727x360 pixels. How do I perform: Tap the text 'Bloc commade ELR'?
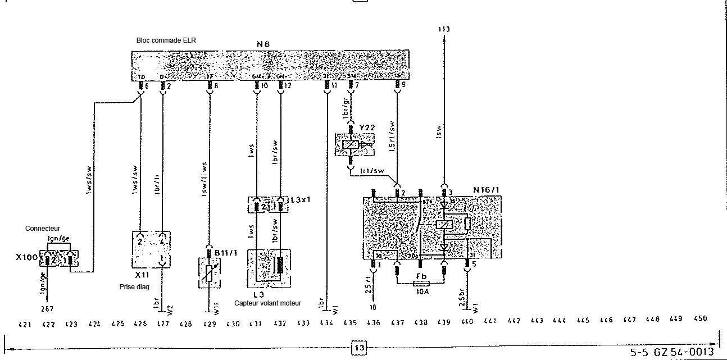click(166, 40)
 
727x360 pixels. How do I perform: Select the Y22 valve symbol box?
click(351, 145)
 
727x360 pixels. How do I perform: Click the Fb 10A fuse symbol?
click(421, 285)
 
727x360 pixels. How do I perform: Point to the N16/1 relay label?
click(487, 190)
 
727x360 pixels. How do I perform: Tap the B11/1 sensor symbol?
click(210, 273)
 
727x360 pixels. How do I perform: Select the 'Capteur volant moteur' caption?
click(267, 303)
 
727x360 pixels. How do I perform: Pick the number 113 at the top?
click(444, 29)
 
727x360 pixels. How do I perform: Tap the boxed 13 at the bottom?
click(359, 348)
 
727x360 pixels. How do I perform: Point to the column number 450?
click(699, 319)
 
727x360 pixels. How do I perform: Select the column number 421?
click(25, 323)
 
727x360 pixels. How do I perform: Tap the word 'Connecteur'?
click(43, 229)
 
